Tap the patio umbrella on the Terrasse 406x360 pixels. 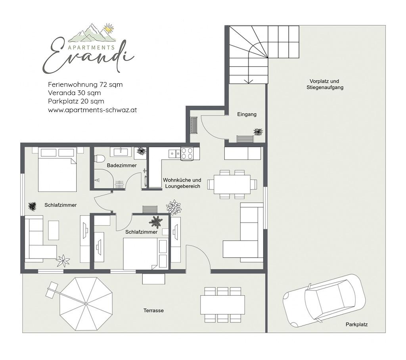[x=86, y=304]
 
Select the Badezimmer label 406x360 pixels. [x=122, y=165]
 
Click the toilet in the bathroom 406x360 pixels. [x=100, y=158]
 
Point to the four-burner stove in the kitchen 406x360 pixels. [x=187, y=153]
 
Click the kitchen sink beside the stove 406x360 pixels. [x=174, y=153]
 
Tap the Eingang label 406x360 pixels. [x=247, y=114]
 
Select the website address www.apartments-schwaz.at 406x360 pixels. [x=92, y=110]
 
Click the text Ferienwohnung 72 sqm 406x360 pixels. [x=85, y=84]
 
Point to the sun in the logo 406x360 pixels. [x=109, y=29]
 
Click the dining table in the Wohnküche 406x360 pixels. [x=232, y=184]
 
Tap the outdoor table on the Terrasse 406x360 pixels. [x=223, y=304]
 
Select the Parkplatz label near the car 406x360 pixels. [x=356, y=324]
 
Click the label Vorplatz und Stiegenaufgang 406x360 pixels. [x=325, y=84]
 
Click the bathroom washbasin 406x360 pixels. [x=122, y=152]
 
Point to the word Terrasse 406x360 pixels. [x=153, y=310]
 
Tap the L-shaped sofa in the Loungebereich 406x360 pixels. [x=243, y=230]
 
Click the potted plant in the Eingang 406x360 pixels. [x=258, y=132]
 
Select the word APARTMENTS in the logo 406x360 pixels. [x=92, y=48]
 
